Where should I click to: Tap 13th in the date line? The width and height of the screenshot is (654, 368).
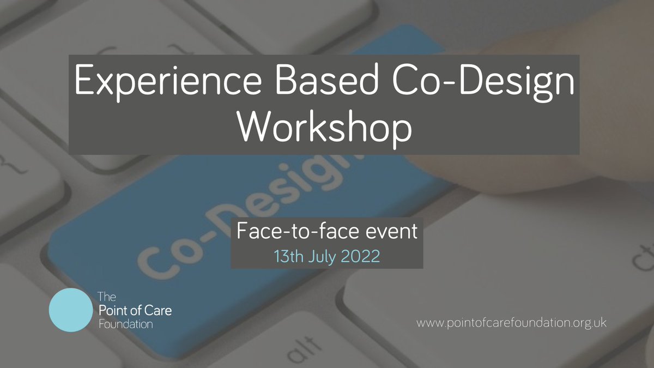click(288, 256)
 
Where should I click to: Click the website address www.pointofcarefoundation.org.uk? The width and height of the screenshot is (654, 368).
click(511, 323)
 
